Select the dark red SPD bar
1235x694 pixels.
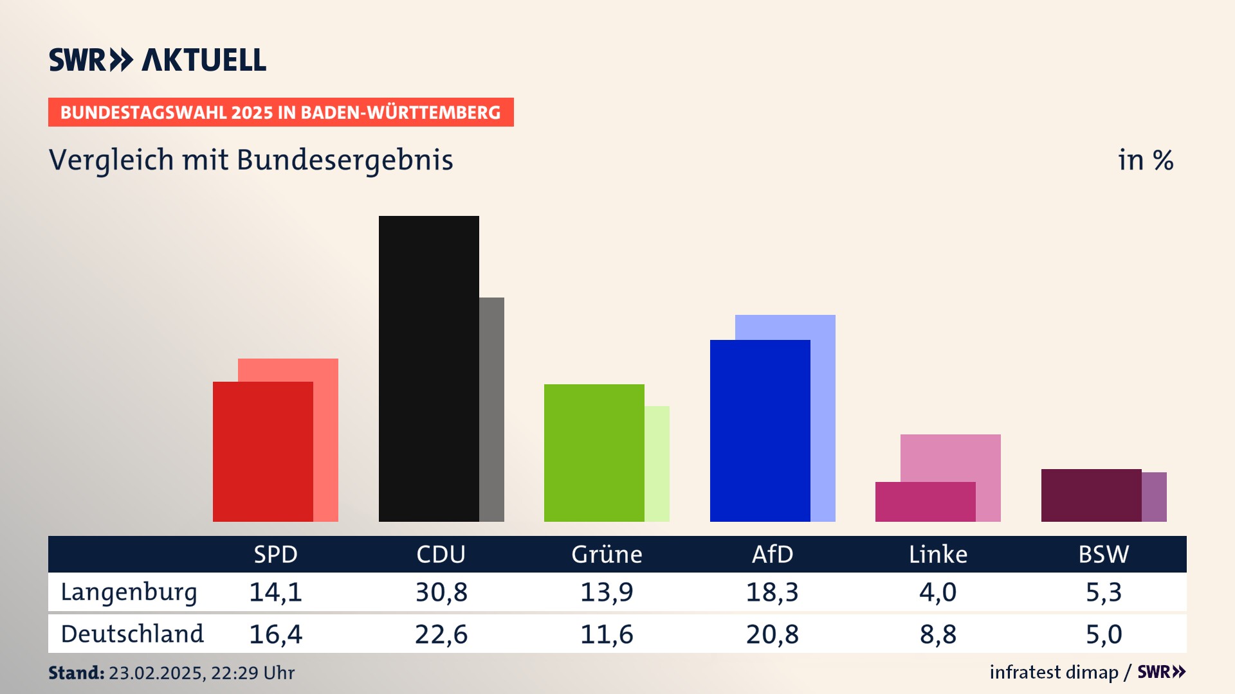tap(262, 451)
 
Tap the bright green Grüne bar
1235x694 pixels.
tap(594, 452)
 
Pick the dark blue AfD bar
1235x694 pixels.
tap(760, 431)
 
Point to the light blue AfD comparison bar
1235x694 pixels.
tap(823, 418)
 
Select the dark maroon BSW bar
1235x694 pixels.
tap(1091, 495)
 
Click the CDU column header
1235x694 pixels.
tap(441, 555)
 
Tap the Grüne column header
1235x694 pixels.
tap(607, 555)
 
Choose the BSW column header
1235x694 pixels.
tap(1103, 555)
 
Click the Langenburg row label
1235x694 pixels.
tap(129, 592)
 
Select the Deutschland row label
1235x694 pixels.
tap(132, 634)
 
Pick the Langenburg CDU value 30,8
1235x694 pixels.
tap(441, 592)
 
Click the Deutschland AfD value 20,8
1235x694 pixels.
tap(772, 635)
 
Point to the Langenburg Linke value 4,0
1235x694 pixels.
tap(938, 592)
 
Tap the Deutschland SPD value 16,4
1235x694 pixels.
tap(275, 635)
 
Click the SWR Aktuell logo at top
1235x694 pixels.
tap(158, 60)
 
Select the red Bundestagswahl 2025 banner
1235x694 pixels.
tap(280, 112)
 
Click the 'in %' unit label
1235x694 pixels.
tap(1146, 161)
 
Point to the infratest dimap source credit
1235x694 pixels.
tap(1054, 672)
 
